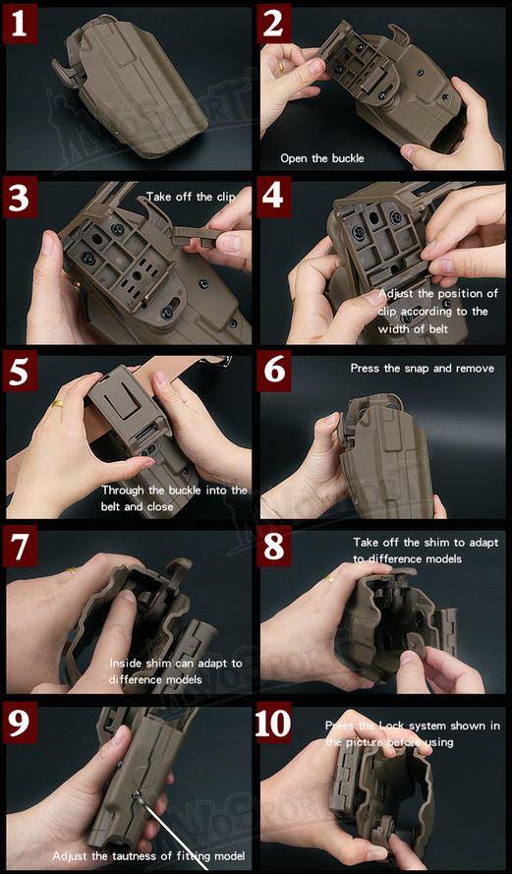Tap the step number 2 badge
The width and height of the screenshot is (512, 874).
[274, 23]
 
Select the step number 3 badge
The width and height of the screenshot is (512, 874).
[20, 199]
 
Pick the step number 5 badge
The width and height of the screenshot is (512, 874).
[20, 374]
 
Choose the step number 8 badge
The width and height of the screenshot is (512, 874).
[274, 547]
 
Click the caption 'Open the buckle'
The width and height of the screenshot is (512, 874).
[320, 157]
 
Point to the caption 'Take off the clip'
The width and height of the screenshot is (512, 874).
[191, 197]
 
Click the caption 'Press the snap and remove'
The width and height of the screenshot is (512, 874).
[422, 369]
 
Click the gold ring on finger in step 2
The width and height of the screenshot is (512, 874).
[281, 69]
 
